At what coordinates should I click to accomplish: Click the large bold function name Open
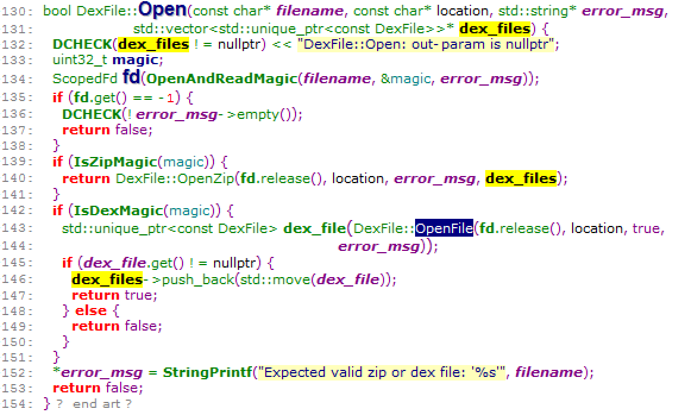162,11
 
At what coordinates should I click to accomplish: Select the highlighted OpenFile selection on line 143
444,228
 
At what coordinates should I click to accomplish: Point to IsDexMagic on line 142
117,210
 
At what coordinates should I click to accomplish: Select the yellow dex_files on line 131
494,28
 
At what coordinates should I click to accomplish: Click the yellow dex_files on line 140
521,178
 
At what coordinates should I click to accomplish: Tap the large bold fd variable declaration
131,78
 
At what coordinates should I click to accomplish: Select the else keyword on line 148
91,310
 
